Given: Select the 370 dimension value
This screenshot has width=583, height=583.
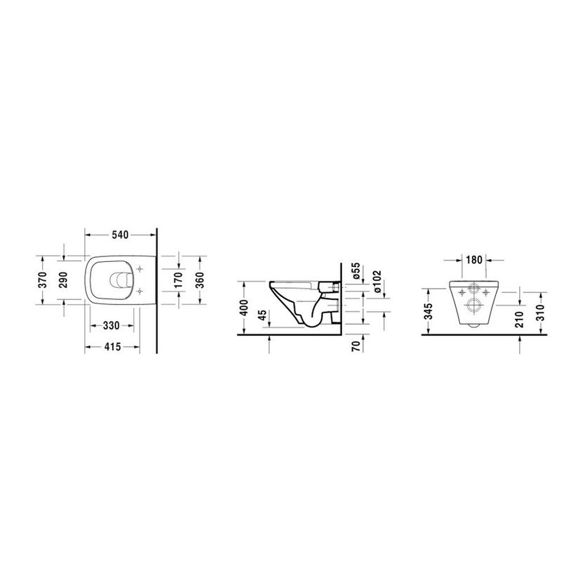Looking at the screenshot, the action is [x=43, y=280].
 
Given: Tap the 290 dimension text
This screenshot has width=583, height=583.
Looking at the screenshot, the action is [x=64, y=280].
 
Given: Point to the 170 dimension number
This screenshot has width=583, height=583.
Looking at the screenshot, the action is [x=179, y=280].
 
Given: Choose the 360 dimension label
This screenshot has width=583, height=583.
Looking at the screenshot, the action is [x=200, y=280].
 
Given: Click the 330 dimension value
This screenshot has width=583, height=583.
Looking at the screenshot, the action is [x=111, y=326].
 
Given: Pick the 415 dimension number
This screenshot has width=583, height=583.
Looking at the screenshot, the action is [x=112, y=347].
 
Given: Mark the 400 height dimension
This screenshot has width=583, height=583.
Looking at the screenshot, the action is [x=244, y=308].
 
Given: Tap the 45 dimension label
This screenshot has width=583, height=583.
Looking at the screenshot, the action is [x=263, y=315].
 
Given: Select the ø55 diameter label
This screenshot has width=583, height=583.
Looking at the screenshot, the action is [x=356, y=271].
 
